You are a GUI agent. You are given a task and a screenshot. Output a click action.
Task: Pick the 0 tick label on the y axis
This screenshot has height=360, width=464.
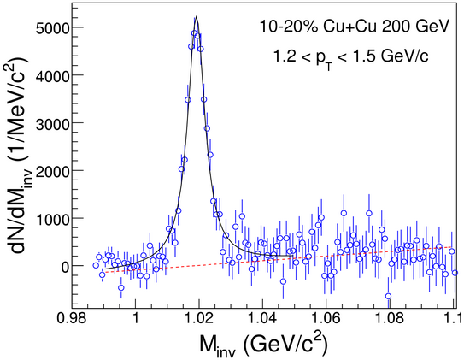pos(64,267)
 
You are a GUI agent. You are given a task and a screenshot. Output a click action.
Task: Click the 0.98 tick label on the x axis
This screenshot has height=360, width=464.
pos(71,320)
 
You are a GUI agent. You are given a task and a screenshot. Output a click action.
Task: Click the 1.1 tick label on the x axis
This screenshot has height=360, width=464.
pos(455,320)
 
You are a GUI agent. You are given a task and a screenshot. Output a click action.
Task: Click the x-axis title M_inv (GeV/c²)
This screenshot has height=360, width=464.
pos(264,345)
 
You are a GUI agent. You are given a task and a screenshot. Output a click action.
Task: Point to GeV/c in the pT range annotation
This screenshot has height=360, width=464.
pos(404,56)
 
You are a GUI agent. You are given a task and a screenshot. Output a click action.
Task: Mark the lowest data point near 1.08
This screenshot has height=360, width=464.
pos(388,296)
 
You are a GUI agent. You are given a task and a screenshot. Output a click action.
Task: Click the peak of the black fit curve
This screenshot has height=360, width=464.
pos(196,16)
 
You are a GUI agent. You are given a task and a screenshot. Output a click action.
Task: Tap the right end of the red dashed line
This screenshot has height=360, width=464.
pos(452,247)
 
